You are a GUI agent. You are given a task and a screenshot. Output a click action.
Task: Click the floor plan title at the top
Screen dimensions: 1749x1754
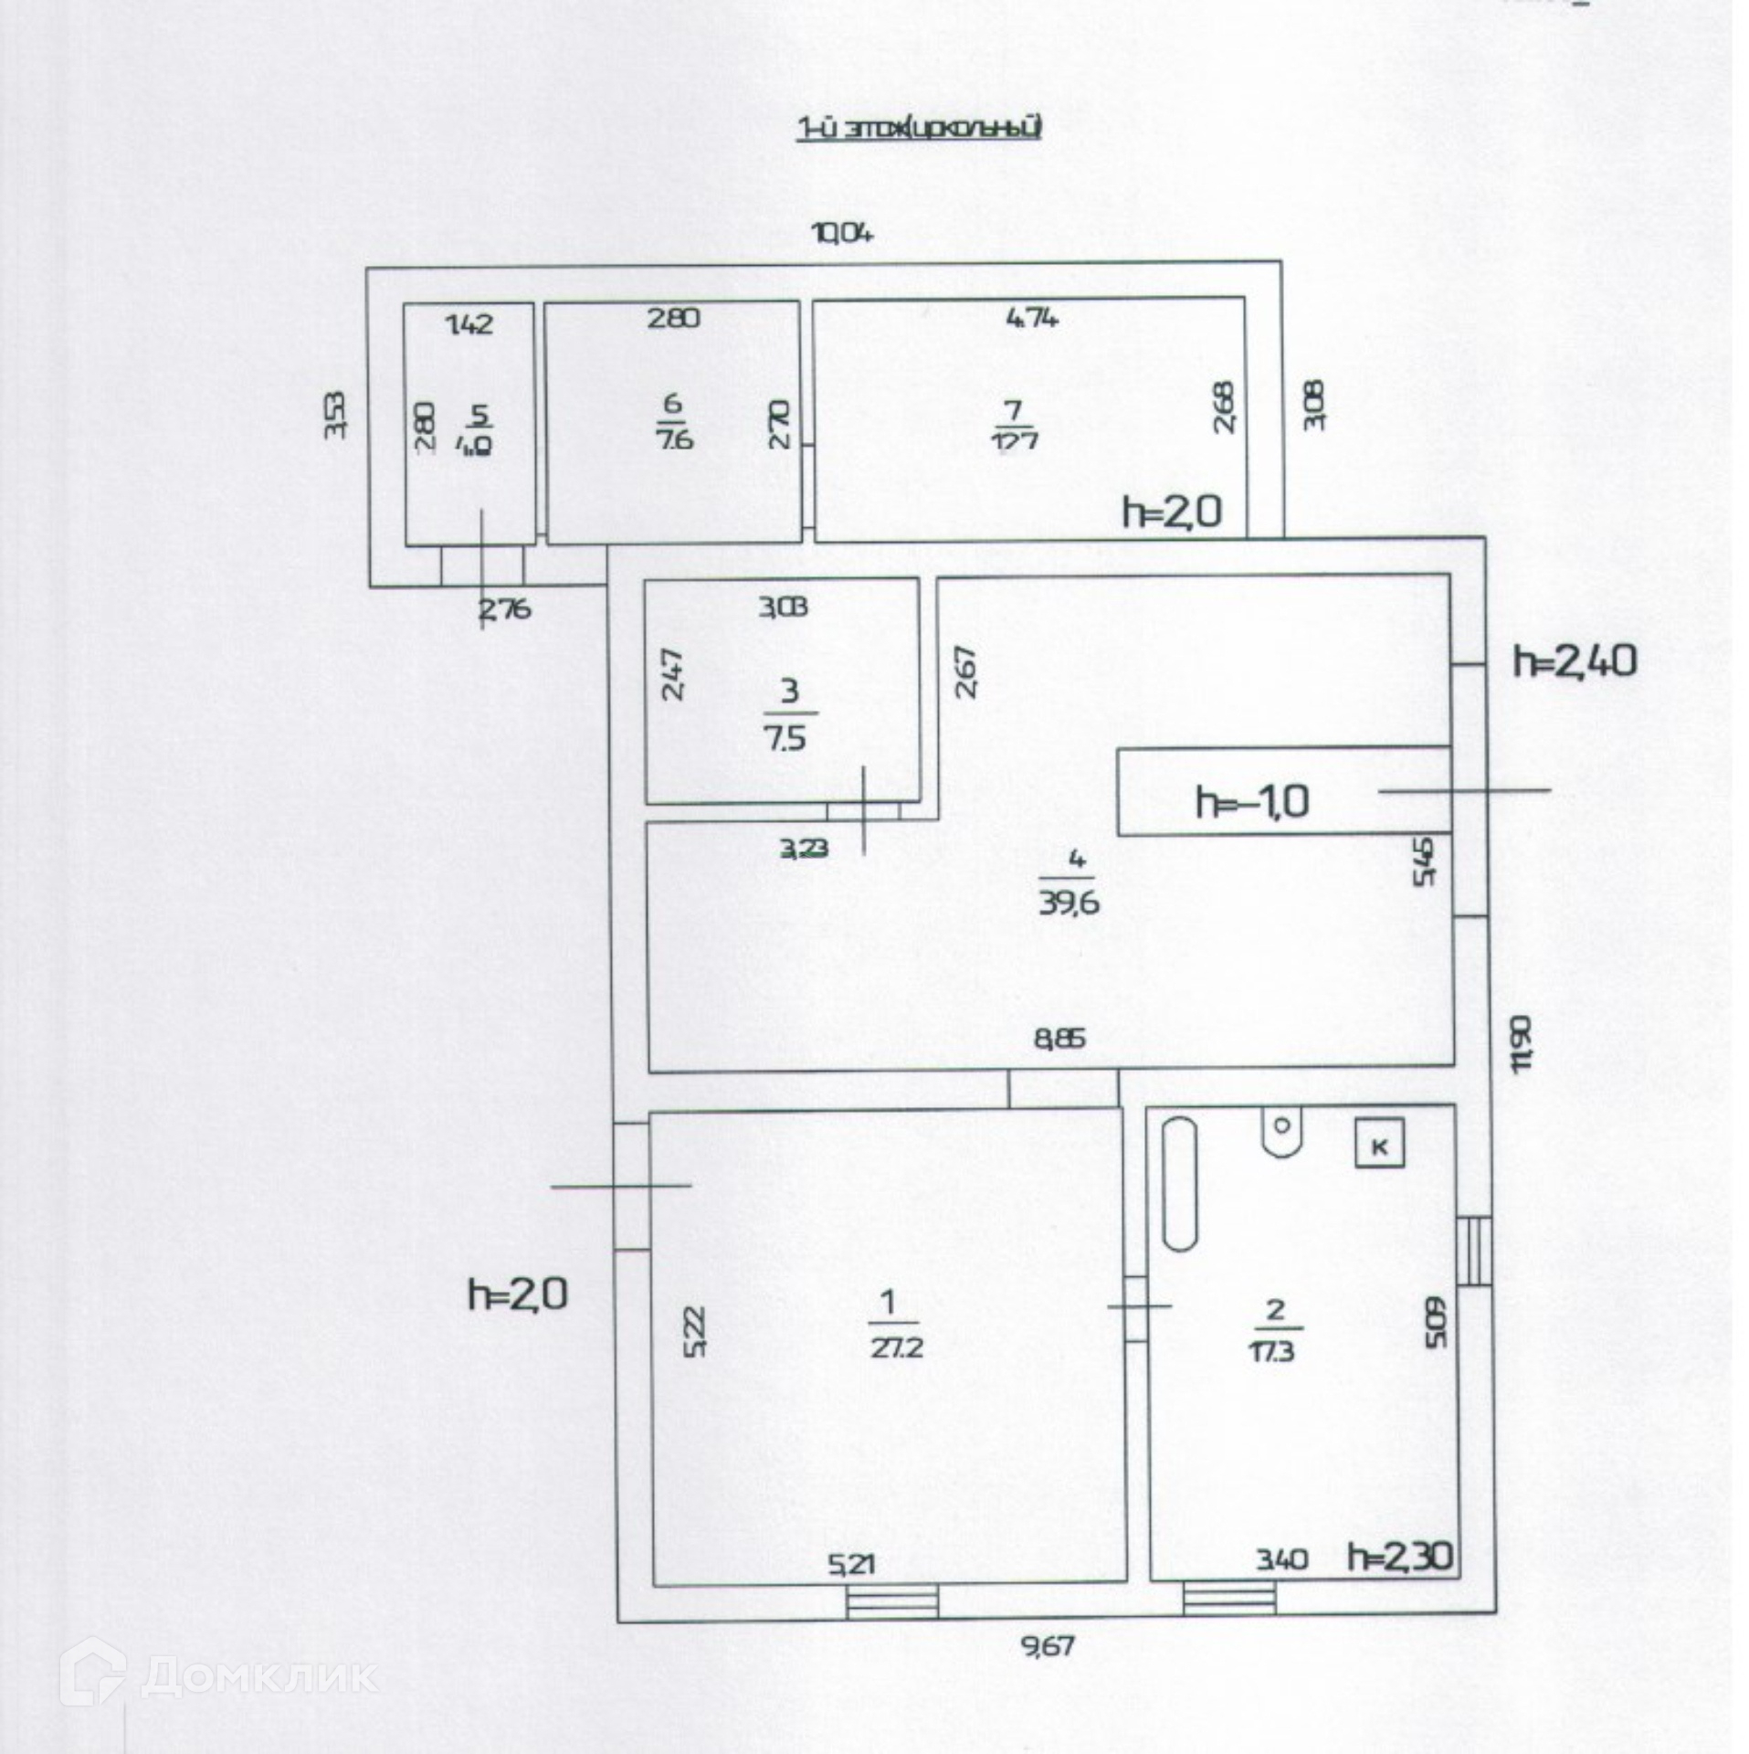(920, 128)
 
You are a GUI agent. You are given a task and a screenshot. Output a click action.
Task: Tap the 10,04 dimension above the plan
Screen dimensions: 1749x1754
(843, 234)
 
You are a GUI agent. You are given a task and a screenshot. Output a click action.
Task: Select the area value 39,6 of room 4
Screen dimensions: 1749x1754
(1069, 903)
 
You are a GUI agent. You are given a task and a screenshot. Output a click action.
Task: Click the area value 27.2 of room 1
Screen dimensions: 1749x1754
(896, 1347)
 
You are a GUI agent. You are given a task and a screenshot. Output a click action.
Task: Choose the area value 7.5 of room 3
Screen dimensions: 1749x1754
(785, 737)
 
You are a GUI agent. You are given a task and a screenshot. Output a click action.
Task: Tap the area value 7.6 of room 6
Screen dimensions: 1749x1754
(674, 438)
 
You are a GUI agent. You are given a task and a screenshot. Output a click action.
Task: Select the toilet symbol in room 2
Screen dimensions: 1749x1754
(1281, 1132)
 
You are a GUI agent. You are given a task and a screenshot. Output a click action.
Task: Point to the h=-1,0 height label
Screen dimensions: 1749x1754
(1252, 802)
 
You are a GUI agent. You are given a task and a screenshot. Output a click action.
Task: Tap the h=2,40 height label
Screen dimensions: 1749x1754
(1575, 661)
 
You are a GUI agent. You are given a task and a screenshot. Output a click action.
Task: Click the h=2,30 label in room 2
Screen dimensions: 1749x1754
(1399, 1556)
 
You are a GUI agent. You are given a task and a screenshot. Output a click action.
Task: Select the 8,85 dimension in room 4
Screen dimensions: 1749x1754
(1059, 1039)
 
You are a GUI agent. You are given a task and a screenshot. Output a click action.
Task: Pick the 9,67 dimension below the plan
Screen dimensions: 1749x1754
(1048, 1646)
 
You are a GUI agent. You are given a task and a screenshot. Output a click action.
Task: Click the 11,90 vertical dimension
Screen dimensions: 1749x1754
(1521, 1045)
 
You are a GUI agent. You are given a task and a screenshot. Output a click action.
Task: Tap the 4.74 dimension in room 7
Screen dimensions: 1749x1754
(1032, 319)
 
